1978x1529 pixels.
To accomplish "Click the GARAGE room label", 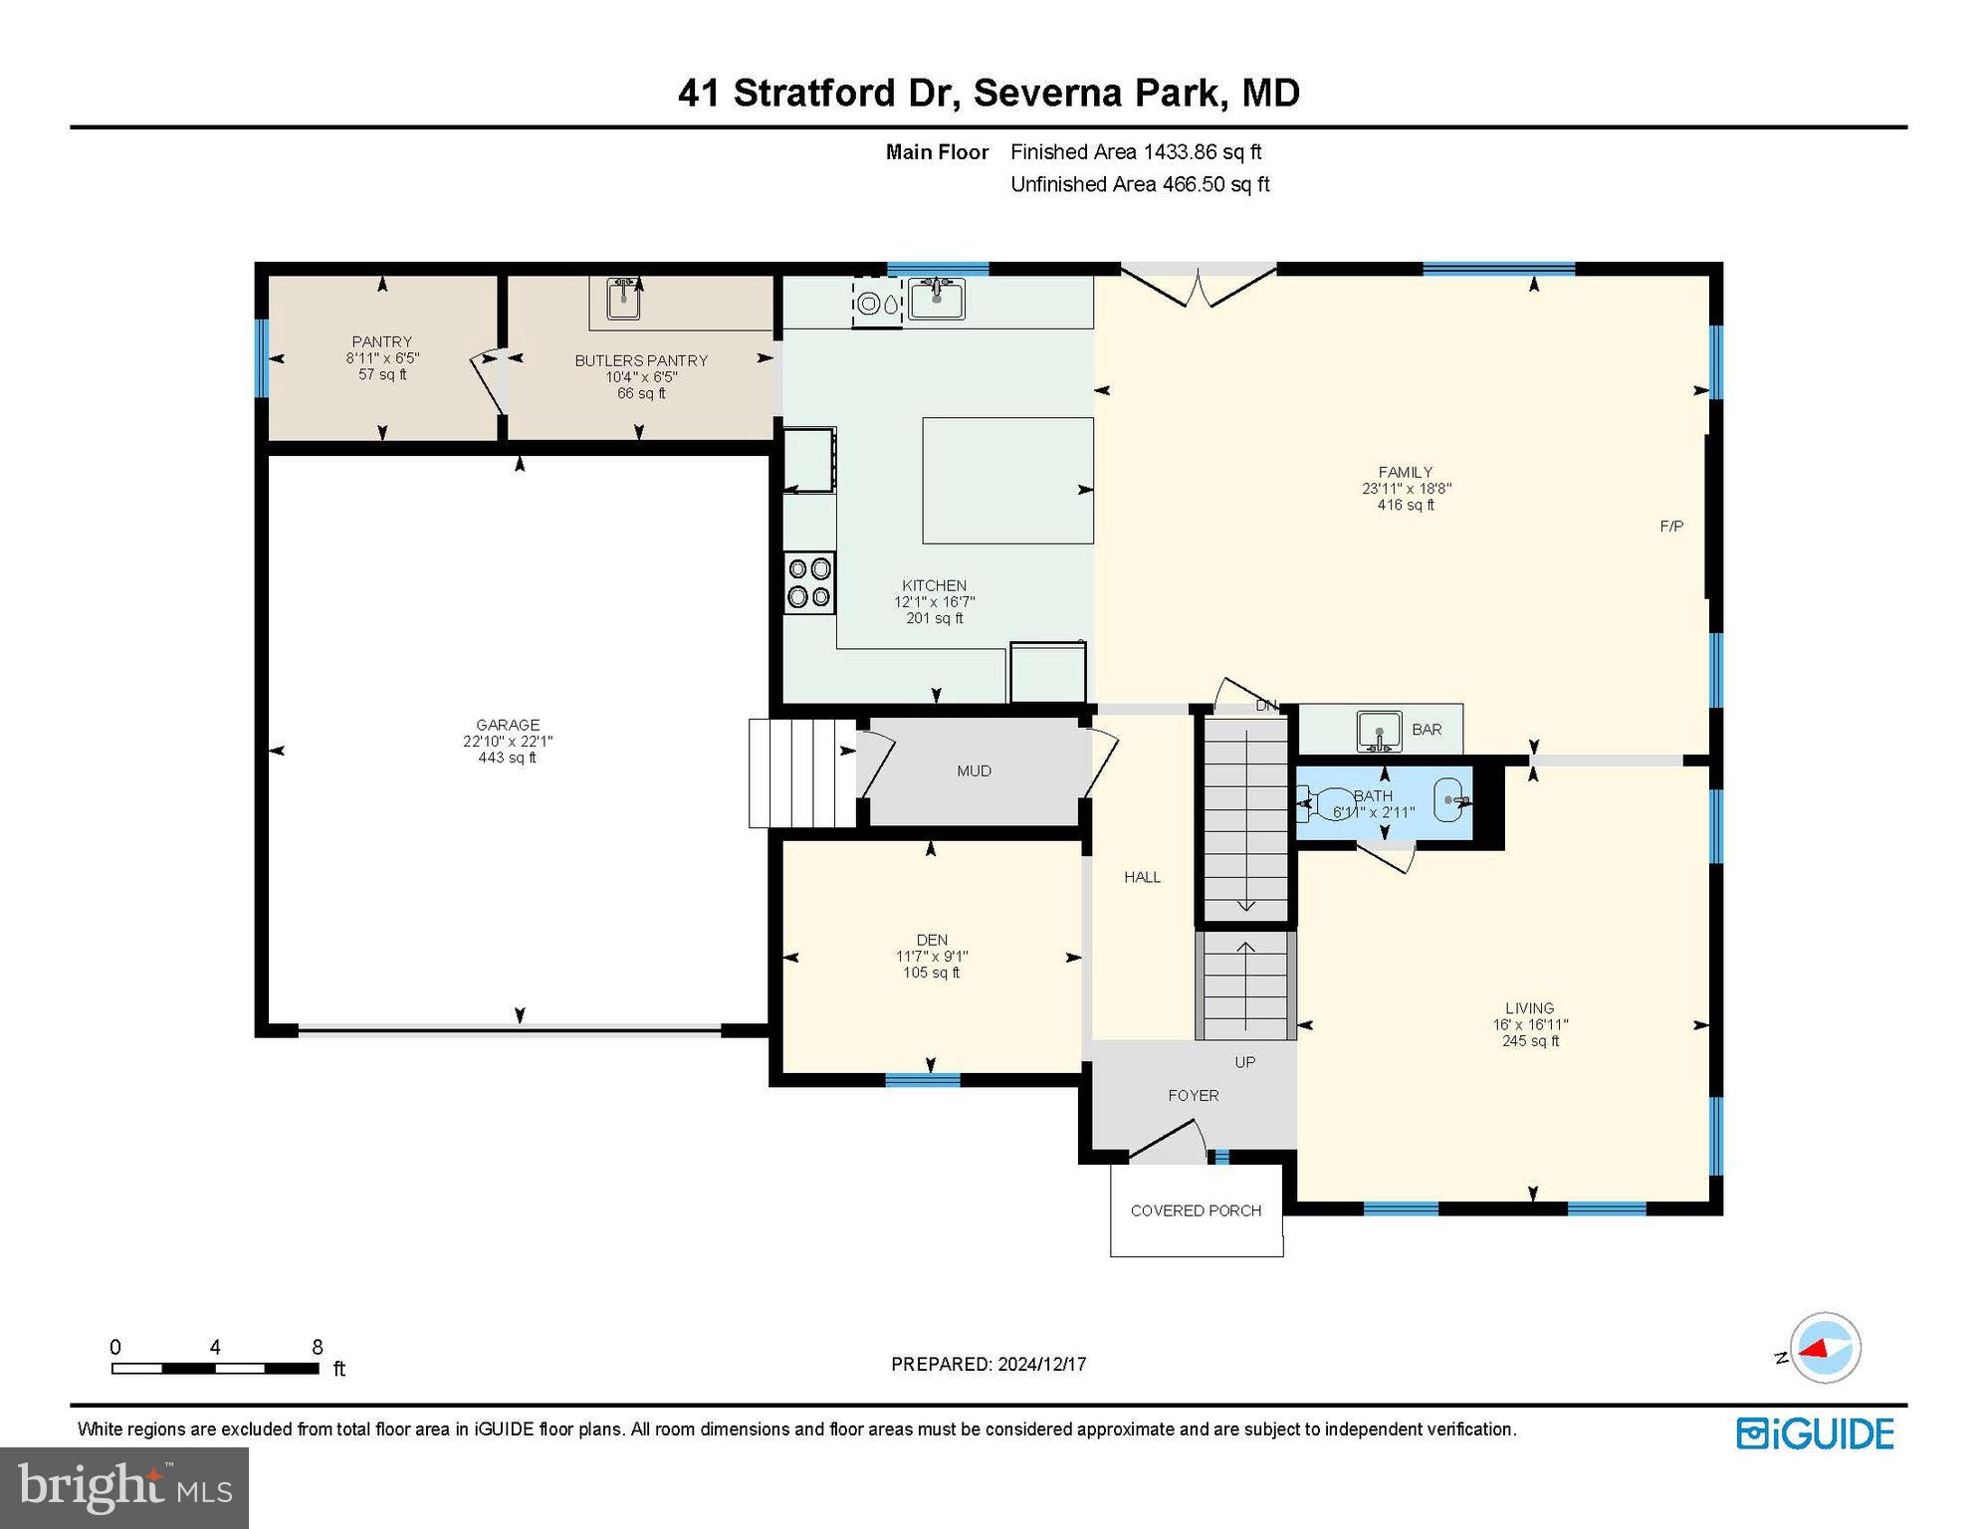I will click(507, 725).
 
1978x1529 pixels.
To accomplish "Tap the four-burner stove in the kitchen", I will click(808, 582).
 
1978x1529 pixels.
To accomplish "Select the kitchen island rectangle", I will click(1006, 480).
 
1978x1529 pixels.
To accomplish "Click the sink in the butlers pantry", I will click(623, 298).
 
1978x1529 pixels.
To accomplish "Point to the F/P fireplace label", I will click(1671, 526).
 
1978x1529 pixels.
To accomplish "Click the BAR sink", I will click(1379, 731).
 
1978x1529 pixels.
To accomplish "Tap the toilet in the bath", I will click(1320, 802).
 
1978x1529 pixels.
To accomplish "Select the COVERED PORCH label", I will click(1196, 1210).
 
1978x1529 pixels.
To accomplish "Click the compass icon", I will click(1825, 1348).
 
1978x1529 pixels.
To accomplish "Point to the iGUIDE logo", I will click(1815, 1433).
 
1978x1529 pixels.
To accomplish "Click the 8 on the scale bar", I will click(318, 1347).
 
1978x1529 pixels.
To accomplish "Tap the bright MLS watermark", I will click(124, 1487).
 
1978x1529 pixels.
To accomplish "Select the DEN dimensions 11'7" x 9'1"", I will click(931, 957).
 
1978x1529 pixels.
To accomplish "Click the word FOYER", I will click(1193, 1095).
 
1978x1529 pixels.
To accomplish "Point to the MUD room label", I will click(974, 770).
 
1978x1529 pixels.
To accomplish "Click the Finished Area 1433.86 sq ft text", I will click(1135, 152).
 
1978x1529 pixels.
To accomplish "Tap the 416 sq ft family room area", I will click(1405, 505).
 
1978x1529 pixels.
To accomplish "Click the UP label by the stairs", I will click(1244, 1062).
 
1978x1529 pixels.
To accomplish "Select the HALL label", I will click(1142, 877).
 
